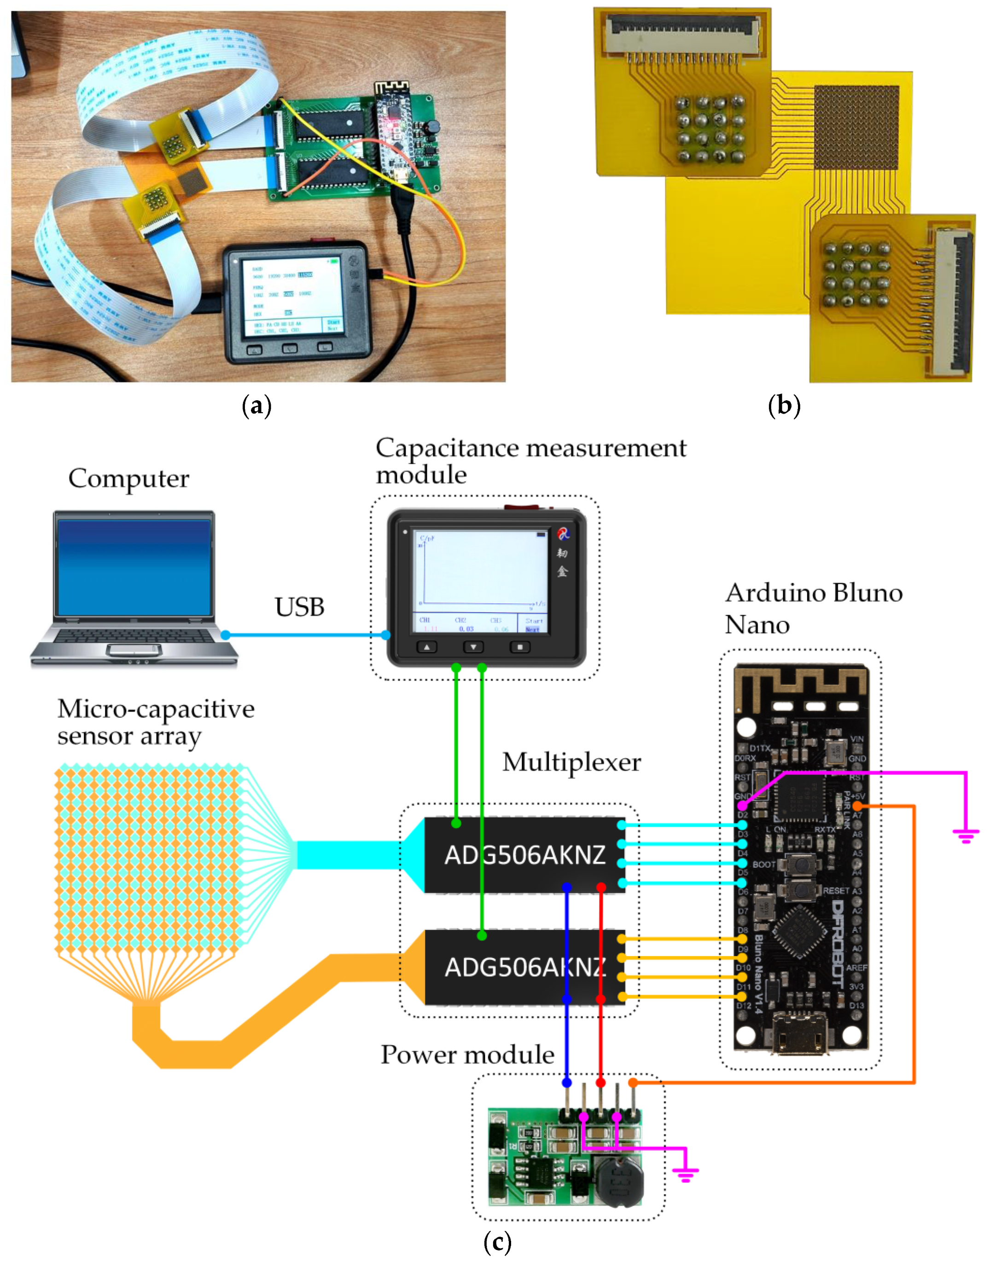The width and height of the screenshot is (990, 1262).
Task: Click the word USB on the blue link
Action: point(299,607)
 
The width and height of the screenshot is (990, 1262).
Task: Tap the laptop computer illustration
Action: point(134,588)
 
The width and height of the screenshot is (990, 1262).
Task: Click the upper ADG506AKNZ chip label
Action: point(524,855)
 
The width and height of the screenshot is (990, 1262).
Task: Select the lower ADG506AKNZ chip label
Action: point(524,967)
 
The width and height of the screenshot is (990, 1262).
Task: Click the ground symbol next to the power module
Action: point(685,1174)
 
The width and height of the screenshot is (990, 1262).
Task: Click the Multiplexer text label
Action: point(571,762)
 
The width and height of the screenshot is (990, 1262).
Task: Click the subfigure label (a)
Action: point(256,406)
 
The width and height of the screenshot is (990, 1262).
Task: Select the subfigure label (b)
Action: point(784,405)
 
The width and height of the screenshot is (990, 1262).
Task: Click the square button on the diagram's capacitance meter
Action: point(520,647)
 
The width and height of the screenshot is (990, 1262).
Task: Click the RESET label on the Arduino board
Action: point(836,890)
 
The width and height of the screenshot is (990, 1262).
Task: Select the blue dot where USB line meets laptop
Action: point(226,635)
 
